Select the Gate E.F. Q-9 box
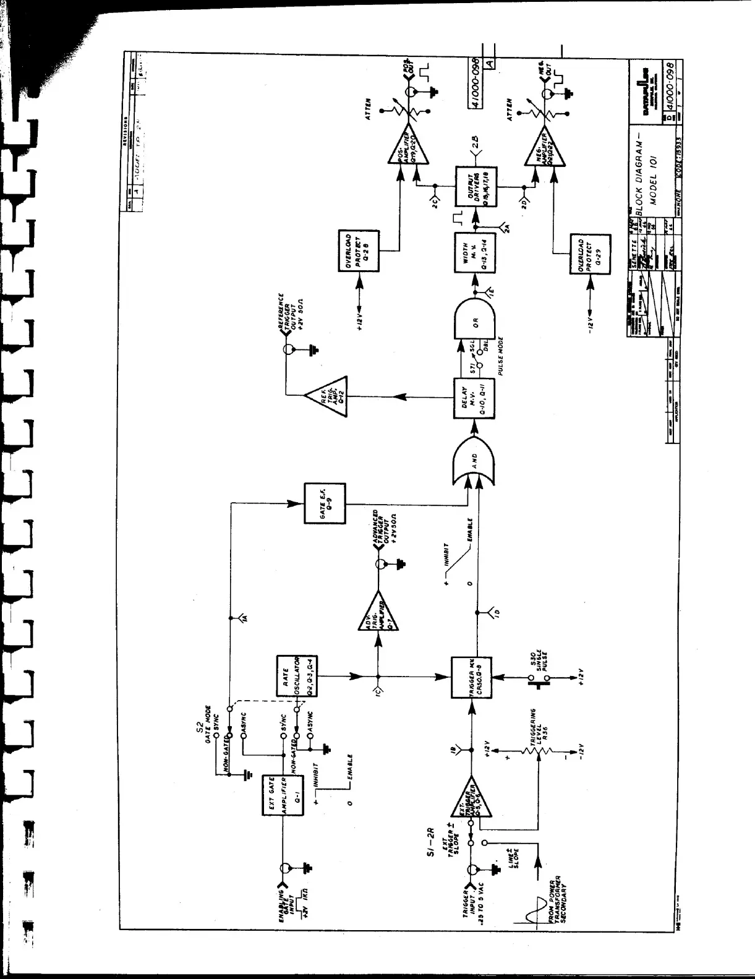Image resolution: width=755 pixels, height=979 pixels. [325, 503]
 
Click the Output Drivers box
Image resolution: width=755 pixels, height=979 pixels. [476, 186]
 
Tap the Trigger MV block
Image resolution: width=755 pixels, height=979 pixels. [472, 678]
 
